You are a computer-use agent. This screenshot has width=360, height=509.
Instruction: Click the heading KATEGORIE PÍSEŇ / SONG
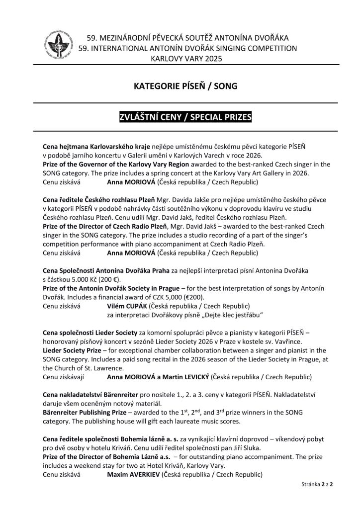180,86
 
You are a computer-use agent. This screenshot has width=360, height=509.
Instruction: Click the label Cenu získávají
62,377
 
